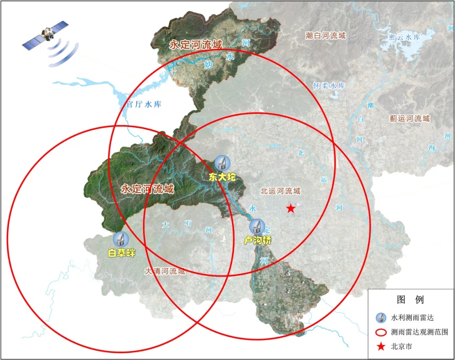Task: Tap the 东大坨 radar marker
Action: tap(222, 163)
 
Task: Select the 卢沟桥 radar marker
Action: tap(257, 227)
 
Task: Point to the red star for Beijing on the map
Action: tap(291, 208)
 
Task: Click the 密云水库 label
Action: tap(405, 37)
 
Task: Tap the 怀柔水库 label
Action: tap(329, 86)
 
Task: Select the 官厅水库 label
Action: tap(144, 104)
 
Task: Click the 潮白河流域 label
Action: tap(326, 36)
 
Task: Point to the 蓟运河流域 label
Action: tap(409, 118)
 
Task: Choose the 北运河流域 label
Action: tap(281, 191)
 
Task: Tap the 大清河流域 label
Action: tap(165, 271)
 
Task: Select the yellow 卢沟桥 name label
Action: tap(258, 240)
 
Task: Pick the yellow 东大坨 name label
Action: tap(222, 177)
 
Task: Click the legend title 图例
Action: tap(410, 300)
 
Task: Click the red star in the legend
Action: tap(381, 347)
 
